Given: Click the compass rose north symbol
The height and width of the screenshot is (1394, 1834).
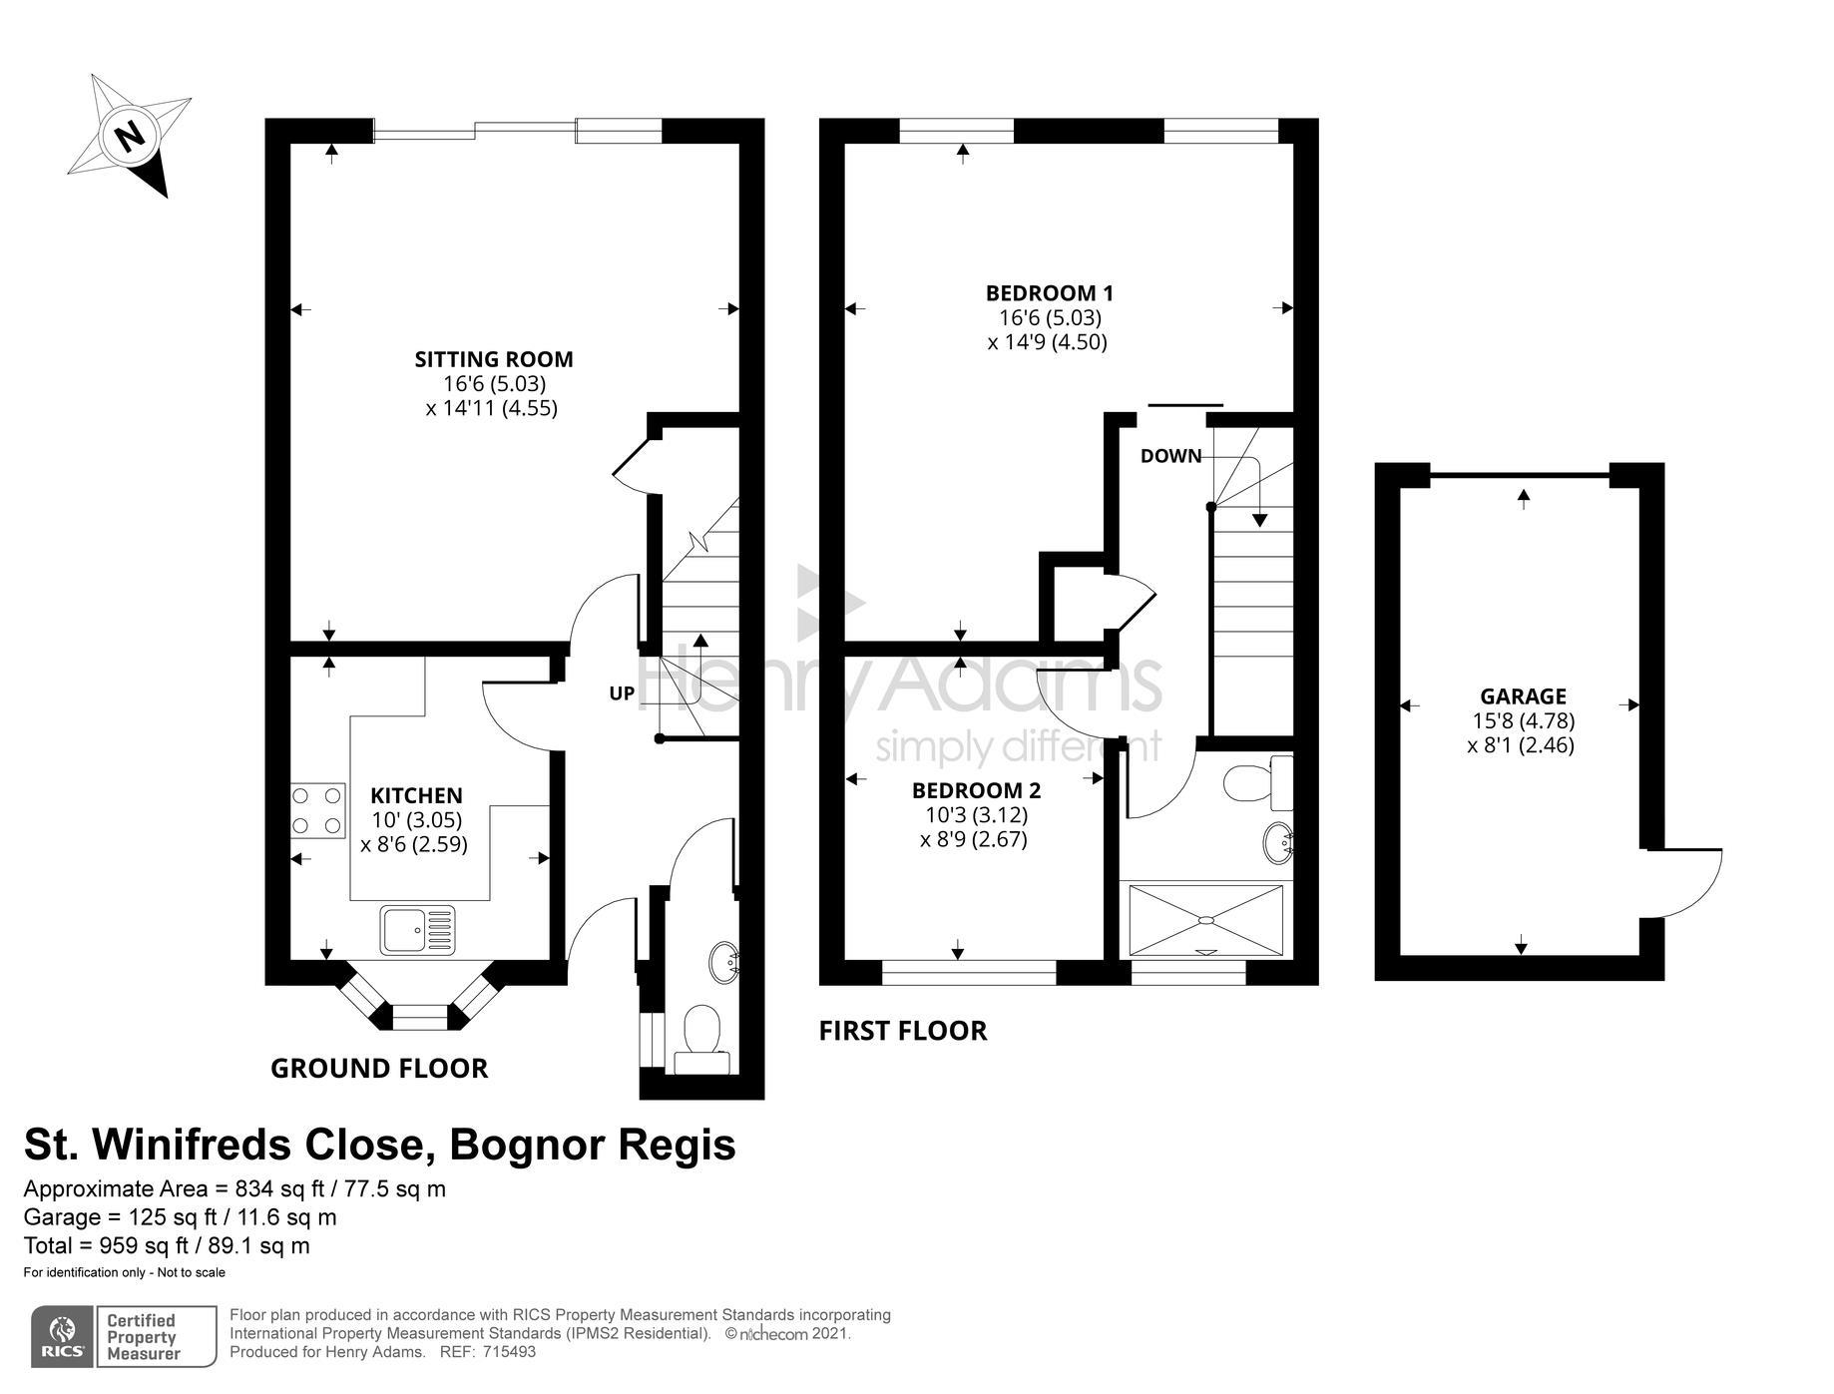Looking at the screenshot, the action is coord(129,136).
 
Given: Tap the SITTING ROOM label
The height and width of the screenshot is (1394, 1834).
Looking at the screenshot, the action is coord(494,359).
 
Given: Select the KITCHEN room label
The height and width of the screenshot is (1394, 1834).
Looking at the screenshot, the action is coord(416,795).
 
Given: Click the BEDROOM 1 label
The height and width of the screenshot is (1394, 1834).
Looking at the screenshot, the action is coord(1049,293).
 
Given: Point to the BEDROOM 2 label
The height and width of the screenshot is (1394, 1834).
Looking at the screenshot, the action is coord(976,790).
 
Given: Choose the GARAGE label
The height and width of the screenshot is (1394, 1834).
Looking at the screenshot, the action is coord(1523,697).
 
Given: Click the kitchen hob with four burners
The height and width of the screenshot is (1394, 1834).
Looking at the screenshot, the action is coord(317,810).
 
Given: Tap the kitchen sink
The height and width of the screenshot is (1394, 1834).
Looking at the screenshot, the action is coord(417,930).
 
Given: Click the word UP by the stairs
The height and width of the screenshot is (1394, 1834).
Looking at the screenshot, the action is coord(622,693).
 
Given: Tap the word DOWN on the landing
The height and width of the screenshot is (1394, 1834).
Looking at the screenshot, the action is coord(1170,456).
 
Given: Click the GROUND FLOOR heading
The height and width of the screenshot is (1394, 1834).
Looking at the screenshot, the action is coord(379,1069).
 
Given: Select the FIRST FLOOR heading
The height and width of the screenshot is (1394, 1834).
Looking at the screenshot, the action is coord(903,1031).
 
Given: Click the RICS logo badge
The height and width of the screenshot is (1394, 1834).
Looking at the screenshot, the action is coord(64,1337).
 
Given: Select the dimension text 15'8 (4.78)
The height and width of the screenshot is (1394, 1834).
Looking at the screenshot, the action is coord(1523,720).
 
